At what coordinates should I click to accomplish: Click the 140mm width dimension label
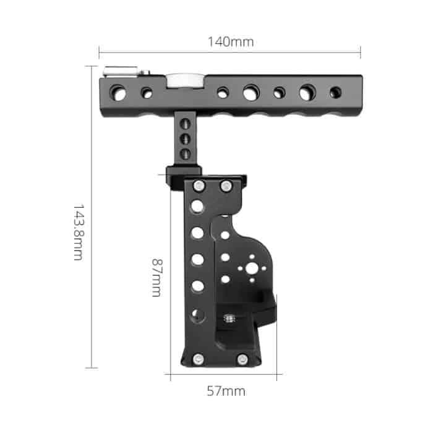[230, 42]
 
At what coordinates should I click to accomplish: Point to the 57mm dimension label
[226, 391]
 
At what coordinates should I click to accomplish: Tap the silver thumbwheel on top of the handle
[179, 80]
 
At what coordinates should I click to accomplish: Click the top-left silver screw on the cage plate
[199, 186]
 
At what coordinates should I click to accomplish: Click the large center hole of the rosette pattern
[251, 269]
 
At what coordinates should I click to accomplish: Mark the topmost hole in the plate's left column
[197, 205]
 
